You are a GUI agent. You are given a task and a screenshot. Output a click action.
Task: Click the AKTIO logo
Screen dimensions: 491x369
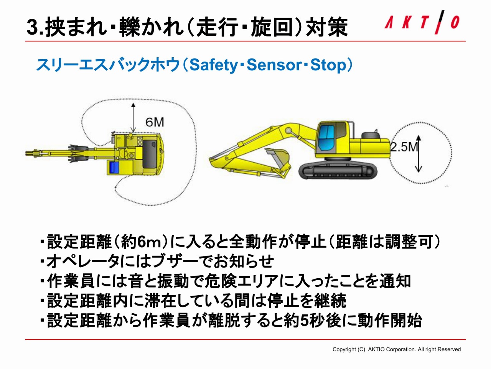(422, 22)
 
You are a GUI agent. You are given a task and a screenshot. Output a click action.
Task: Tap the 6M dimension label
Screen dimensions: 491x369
(155, 122)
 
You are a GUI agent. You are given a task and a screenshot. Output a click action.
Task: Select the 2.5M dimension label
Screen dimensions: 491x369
(404, 147)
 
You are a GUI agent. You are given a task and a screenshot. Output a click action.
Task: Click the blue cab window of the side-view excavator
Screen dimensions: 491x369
(326, 137)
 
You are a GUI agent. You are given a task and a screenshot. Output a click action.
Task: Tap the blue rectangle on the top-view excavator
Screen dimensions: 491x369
(114, 167)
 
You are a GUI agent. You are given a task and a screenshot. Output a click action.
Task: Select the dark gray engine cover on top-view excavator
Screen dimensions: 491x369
(150, 154)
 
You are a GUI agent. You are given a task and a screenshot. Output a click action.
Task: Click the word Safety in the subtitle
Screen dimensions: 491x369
(214, 65)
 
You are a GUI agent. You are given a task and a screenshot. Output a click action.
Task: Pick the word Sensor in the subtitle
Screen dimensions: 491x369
(274, 65)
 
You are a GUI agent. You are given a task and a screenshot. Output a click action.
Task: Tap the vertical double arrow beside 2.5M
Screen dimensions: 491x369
(419, 154)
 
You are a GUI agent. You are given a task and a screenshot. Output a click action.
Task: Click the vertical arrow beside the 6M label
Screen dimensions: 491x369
(133, 118)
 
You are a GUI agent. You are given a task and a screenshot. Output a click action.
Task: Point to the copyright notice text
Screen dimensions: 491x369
(396, 349)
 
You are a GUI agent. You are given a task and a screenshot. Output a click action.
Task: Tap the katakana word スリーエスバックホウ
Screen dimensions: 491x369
(108, 65)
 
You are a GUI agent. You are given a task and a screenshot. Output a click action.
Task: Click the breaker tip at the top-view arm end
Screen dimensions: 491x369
(30, 153)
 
